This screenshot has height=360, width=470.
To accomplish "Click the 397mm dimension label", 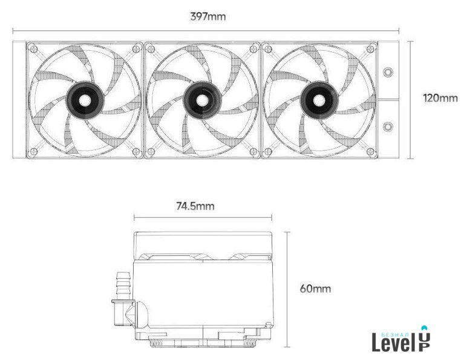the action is click(207, 16).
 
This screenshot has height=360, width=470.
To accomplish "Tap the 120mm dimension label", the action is click(440, 98).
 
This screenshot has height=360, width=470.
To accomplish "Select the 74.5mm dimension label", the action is click(195, 206).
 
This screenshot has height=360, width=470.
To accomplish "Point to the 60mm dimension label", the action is click(315, 289).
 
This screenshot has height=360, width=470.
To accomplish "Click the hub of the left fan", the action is click(85, 100).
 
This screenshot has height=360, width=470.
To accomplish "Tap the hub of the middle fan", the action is click(202, 100).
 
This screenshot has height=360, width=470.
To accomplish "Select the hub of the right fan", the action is click(319, 100).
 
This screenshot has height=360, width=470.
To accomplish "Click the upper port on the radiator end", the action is click(388, 72).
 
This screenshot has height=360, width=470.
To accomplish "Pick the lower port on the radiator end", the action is click(388, 127).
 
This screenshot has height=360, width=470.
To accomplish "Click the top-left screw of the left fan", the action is click(34, 48).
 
